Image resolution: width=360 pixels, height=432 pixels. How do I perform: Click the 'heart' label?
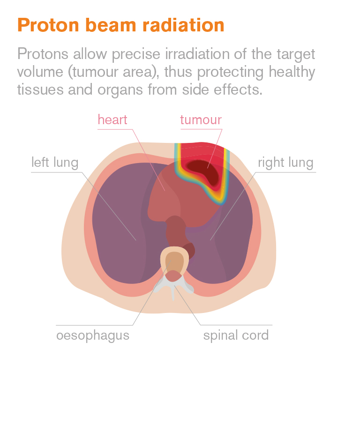[112, 119]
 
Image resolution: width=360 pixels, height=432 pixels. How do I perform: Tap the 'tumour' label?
[201, 120]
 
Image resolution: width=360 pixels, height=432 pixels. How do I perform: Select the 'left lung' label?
[55, 162]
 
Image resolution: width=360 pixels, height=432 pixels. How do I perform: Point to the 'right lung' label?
[285, 162]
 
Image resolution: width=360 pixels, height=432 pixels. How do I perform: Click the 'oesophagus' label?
[93, 335]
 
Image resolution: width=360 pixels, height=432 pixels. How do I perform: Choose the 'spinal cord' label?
[236, 335]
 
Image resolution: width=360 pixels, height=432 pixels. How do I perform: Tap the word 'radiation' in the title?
[183, 25]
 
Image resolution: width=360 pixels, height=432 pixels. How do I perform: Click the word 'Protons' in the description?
[43, 54]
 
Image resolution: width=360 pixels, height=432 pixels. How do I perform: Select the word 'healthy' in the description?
[292, 72]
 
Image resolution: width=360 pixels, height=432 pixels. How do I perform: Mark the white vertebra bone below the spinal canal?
[173, 288]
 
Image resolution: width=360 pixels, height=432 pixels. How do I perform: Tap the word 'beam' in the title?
[111, 25]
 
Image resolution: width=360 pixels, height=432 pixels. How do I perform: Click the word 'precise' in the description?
[136, 54]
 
